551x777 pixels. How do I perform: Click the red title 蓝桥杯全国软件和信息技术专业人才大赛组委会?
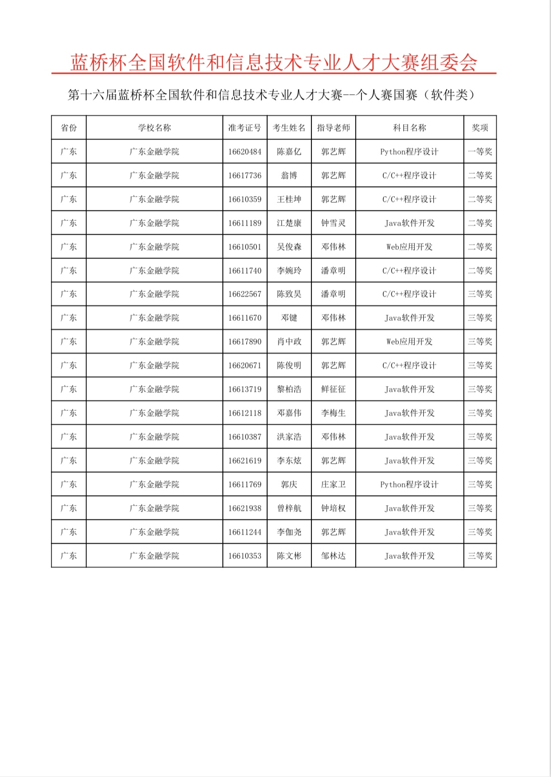(274, 62)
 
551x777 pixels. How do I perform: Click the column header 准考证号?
(245, 128)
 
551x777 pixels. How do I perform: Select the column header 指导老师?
(333, 128)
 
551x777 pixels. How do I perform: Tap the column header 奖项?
(480, 128)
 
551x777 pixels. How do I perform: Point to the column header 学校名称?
(154, 128)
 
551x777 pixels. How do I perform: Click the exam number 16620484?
(245, 151)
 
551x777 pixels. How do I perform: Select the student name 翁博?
(289, 175)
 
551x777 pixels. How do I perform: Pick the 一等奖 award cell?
(480, 151)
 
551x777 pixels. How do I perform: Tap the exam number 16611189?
(245, 223)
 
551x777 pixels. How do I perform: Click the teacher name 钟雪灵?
(333, 223)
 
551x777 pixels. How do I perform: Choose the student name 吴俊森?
(289, 247)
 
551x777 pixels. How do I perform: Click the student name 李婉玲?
(289, 270)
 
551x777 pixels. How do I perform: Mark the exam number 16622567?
(245, 294)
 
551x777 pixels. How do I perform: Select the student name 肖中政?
(289, 341)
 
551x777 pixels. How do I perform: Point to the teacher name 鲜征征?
(333, 389)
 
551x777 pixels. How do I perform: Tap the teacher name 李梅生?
(333, 413)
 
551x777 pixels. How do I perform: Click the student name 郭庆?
(289, 484)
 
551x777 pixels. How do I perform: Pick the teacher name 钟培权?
(333, 508)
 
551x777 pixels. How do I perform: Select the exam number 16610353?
(245, 556)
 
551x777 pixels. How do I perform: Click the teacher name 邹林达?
(333, 556)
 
